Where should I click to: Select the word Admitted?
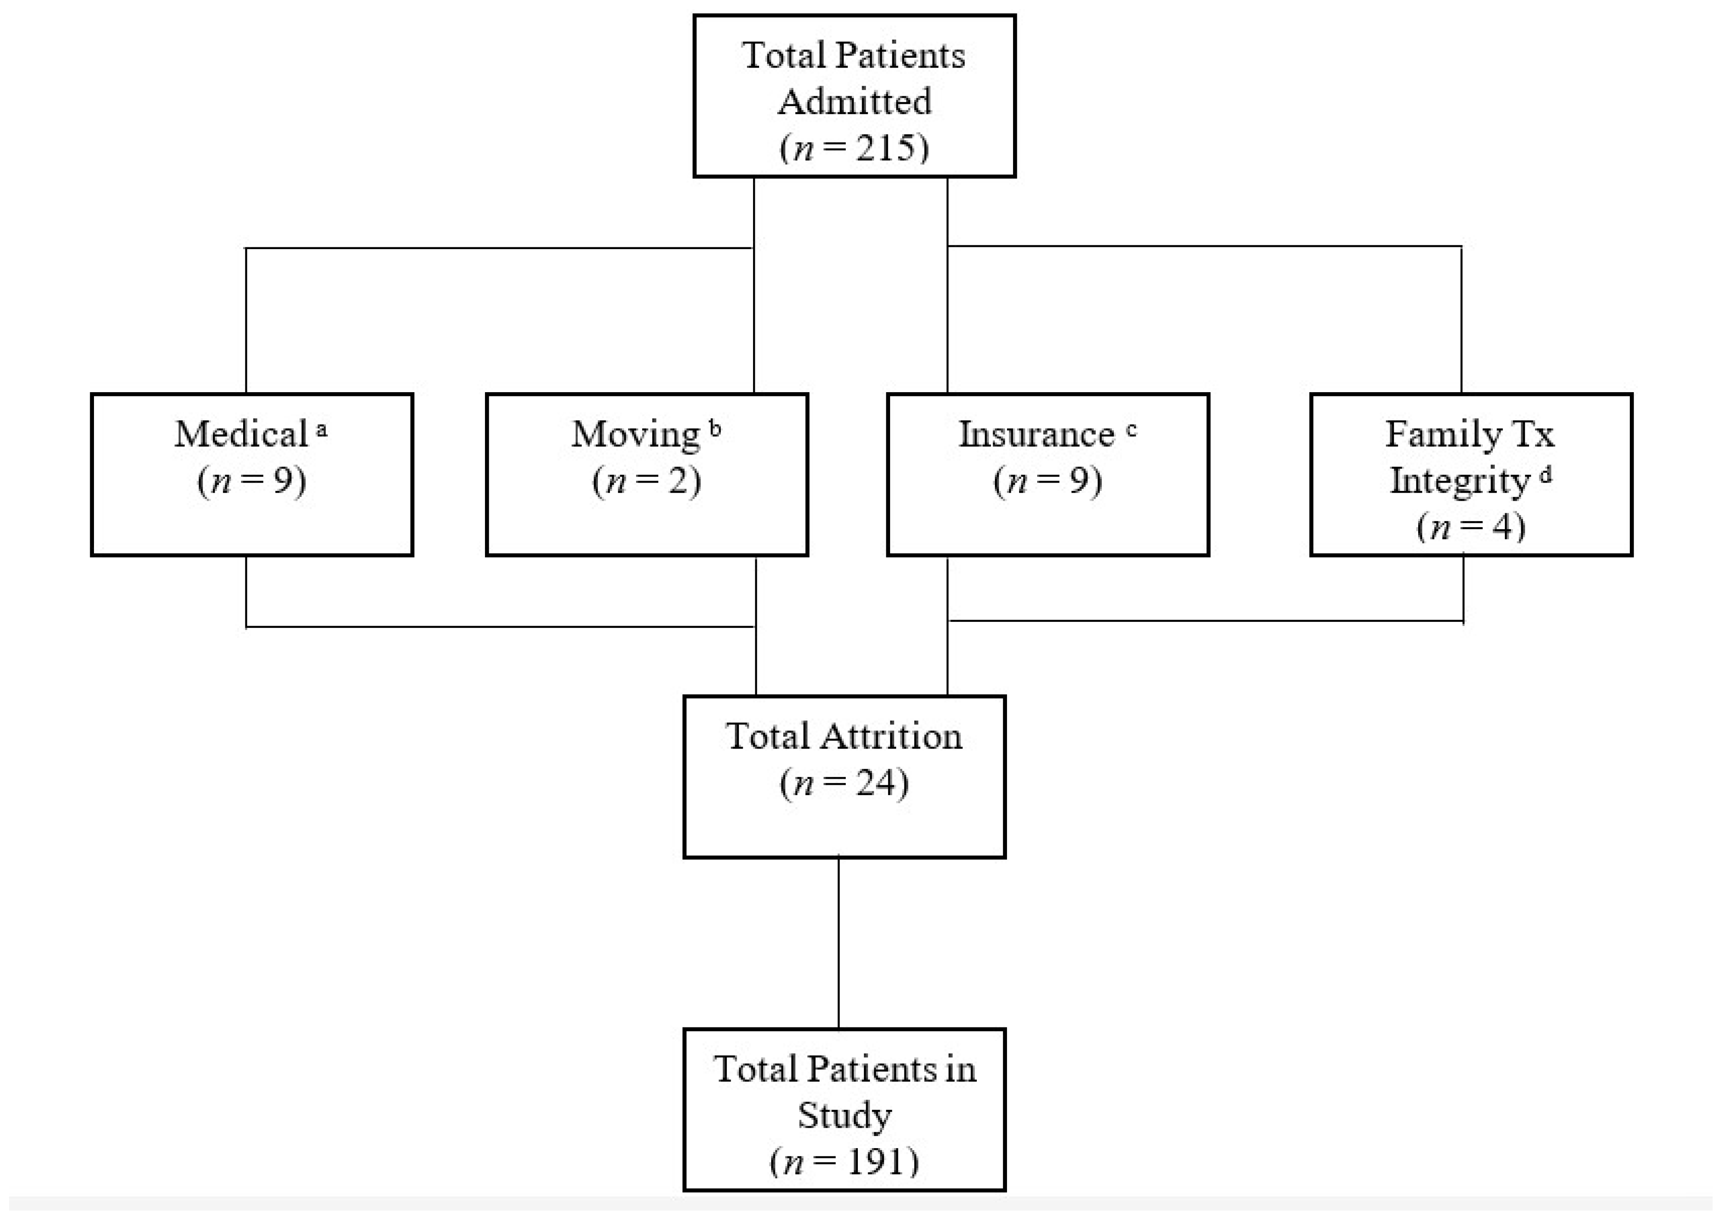click(854, 101)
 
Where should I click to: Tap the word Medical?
click(241, 434)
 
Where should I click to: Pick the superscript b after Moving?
click(716, 429)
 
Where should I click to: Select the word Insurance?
click(1036, 434)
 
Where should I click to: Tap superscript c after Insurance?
click(1132, 429)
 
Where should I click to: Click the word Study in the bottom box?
click(844, 1115)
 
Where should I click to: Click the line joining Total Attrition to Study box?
click(838, 943)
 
